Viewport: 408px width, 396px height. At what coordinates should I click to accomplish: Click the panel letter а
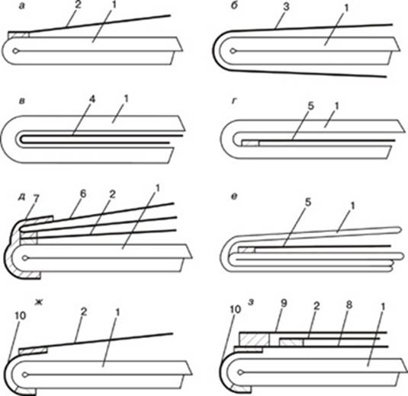point(22,7)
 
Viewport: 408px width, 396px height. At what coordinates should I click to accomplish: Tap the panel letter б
point(234,6)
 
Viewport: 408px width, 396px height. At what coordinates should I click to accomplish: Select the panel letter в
point(22,101)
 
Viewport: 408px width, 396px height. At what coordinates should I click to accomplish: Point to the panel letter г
point(234,101)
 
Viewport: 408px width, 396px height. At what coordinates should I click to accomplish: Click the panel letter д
point(21,198)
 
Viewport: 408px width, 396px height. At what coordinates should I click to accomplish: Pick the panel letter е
point(234,197)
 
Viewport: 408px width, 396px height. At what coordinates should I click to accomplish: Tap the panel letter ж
point(40,302)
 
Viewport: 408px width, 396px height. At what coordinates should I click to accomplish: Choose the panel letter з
point(251,303)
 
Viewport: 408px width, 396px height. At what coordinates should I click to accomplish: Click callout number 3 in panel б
point(286,7)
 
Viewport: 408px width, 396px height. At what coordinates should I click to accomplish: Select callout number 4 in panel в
point(92,100)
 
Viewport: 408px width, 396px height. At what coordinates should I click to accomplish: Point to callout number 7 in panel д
point(36,199)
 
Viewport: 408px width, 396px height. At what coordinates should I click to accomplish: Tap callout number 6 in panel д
point(83,194)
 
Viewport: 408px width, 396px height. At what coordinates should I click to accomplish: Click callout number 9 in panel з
point(284,303)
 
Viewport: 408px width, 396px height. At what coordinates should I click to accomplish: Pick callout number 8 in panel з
point(349,305)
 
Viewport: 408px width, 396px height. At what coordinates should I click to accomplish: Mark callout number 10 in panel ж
point(20,315)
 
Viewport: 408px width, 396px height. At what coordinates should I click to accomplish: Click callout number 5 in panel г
point(310,106)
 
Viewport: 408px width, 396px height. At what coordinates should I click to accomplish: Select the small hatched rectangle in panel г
point(250,143)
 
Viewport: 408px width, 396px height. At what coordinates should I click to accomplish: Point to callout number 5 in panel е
point(308,202)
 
